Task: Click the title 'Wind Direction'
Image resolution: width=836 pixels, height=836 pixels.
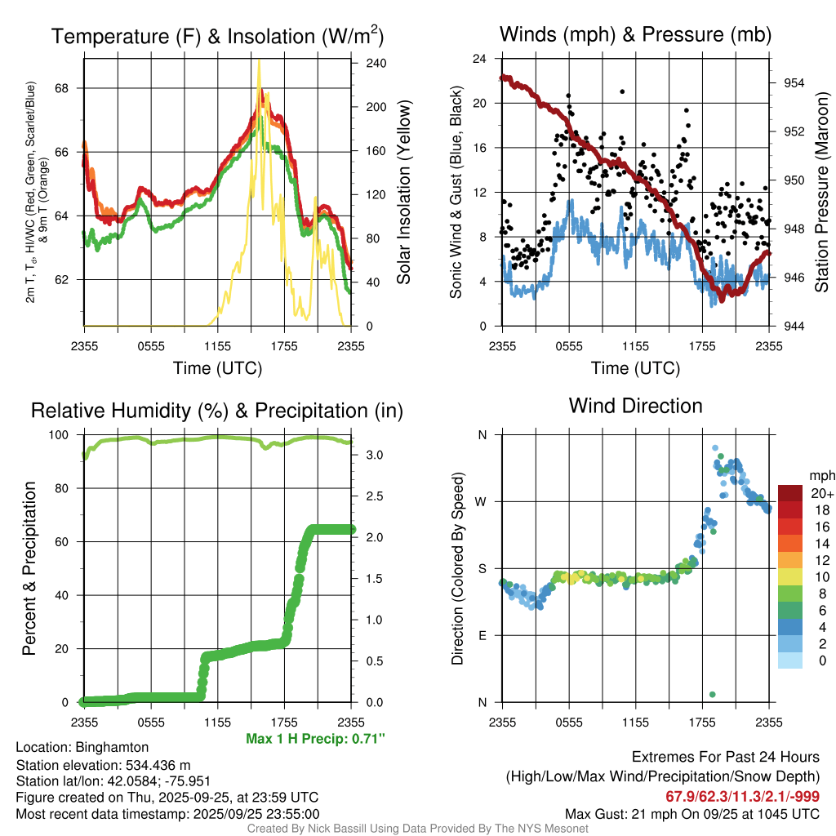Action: click(x=635, y=406)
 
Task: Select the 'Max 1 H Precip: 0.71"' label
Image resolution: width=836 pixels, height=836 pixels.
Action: click(x=315, y=739)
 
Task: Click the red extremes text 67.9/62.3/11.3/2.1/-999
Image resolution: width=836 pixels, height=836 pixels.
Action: click(x=738, y=796)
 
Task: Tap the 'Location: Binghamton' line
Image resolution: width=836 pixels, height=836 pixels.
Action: click(x=82, y=747)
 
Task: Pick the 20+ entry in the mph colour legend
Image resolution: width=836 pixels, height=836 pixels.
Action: click(x=821, y=493)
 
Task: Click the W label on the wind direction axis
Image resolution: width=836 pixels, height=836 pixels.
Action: click(x=482, y=501)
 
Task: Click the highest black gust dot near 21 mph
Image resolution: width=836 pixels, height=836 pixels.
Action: click(x=622, y=91)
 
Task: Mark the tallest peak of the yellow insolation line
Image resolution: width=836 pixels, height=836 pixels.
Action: click(x=260, y=60)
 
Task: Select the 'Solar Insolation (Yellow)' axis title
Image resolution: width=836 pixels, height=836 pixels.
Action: click(x=402, y=193)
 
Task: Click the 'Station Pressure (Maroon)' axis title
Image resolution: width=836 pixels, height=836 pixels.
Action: click(x=822, y=193)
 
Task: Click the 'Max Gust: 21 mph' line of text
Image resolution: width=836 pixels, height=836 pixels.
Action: click(x=692, y=814)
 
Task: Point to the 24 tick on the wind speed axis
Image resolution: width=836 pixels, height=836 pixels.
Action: click(x=480, y=59)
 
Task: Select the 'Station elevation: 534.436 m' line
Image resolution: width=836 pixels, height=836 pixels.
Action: click(x=103, y=765)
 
